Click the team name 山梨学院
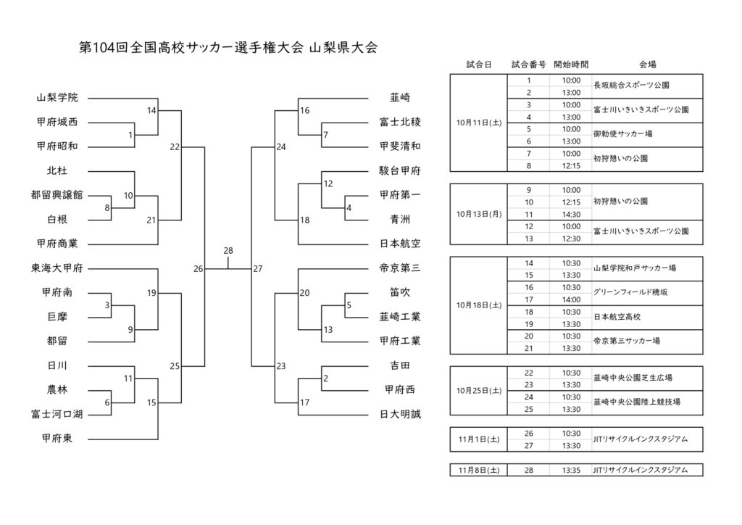point(57,97)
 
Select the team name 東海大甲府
point(57,268)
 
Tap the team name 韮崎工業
point(400,317)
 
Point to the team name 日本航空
point(400,244)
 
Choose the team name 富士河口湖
point(57,414)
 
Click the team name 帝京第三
point(400,268)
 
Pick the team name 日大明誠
point(400,414)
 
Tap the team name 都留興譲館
point(57,195)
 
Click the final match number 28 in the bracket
point(228,250)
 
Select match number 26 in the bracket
point(199,269)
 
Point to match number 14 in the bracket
point(151,111)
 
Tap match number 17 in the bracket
point(305,402)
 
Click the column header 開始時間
point(570,65)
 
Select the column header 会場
point(647,65)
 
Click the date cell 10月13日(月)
point(479,214)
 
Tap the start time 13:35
point(570,470)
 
